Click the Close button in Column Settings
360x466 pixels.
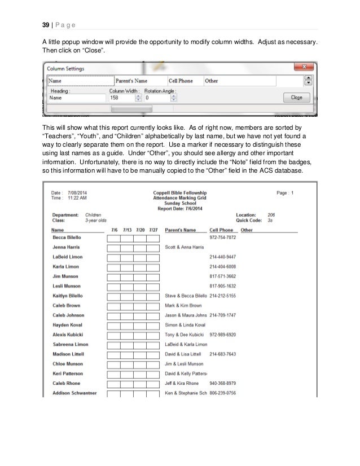(296, 97)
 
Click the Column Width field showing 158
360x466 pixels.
(120, 98)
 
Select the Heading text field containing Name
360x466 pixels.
(76, 98)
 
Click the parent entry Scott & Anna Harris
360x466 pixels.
(184, 247)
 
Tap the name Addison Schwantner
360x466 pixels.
(73, 393)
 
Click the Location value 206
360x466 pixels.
(271, 215)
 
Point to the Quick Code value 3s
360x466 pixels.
(270, 221)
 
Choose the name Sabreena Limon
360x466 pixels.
(69, 344)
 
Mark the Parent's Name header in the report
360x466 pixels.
(180, 230)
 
